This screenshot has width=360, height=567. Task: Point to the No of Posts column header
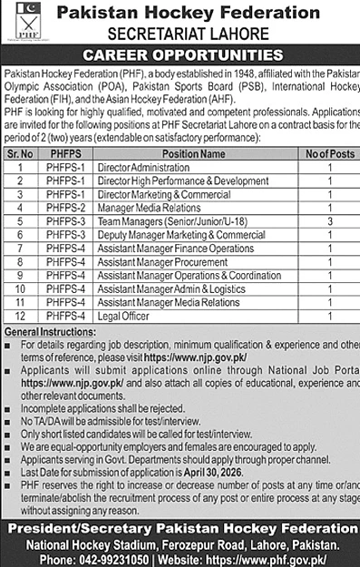(x=329, y=153)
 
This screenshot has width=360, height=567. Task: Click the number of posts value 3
(x=329, y=220)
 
